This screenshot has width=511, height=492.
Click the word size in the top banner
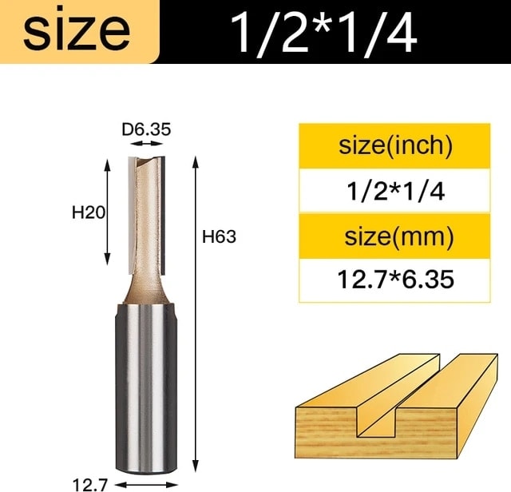click(77, 31)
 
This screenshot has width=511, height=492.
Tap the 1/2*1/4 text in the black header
click(324, 34)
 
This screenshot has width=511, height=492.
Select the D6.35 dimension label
click(146, 129)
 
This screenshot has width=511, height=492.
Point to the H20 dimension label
click(89, 213)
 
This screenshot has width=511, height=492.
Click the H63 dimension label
click(219, 236)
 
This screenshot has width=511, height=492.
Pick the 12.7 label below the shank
click(89, 485)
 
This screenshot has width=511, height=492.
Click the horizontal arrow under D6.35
click(146, 144)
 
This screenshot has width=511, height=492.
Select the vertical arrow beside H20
click(107, 212)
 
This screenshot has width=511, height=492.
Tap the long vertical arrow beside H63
click(195, 313)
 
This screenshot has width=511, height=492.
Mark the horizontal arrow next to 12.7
click(146, 485)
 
